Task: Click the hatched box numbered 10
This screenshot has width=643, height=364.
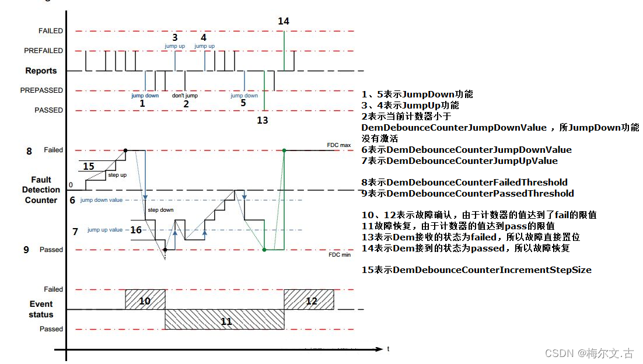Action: coord(145,300)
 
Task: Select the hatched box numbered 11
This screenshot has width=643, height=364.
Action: coord(226,320)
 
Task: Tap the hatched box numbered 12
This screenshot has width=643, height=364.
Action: coord(311,300)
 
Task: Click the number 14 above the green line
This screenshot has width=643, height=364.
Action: coord(283,21)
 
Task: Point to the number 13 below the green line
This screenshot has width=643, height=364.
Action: coord(263,120)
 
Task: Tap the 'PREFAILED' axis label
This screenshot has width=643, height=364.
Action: coord(43,51)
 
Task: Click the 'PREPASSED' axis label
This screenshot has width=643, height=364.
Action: coord(41,90)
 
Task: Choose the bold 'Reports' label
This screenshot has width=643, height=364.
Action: coord(41,71)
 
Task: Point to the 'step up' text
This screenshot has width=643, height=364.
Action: coord(117,174)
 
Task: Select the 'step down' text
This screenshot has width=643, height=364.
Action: coord(160,209)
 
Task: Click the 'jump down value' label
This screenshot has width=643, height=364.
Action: coord(102,200)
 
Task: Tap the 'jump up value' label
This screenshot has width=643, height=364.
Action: coord(105,230)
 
